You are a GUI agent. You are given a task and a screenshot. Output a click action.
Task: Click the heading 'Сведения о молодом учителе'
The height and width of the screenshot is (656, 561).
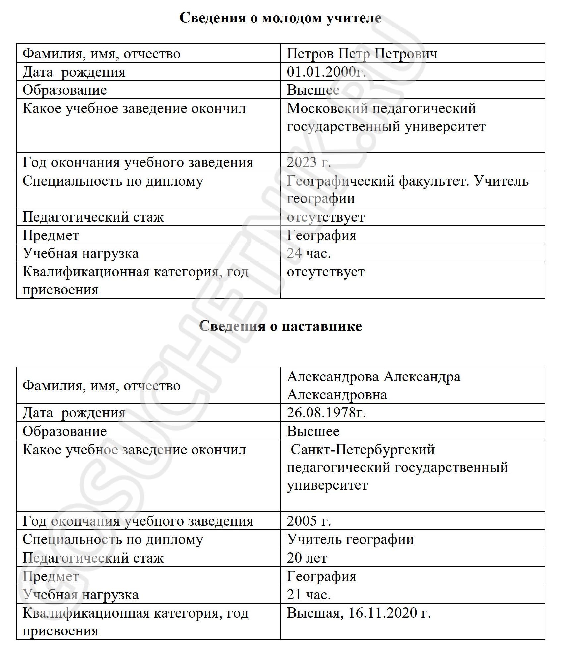pyautogui.click(x=280, y=18)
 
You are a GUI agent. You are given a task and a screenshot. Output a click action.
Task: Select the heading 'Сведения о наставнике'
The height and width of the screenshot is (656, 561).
pyautogui.click(x=280, y=326)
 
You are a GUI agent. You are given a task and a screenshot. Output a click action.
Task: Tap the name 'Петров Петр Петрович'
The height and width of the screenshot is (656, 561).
pyautogui.click(x=362, y=54)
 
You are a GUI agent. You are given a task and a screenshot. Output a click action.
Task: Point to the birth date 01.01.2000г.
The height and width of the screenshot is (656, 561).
pyautogui.click(x=326, y=72)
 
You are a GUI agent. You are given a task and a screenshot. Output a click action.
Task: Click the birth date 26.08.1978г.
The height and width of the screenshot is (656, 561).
pyautogui.click(x=326, y=413)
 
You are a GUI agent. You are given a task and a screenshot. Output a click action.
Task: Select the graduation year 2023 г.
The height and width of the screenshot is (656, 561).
pyautogui.click(x=309, y=162)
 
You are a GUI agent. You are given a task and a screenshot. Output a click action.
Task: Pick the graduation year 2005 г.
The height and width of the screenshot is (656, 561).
pyautogui.click(x=309, y=521)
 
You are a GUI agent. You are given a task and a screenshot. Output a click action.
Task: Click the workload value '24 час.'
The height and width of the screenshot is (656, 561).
pyautogui.click(x=309, y=253)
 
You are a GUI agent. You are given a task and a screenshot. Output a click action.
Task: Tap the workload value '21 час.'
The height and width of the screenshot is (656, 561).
pyautogui.click(x=309, y=595)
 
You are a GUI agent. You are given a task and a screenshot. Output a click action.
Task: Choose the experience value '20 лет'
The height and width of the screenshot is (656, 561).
pyautogui.click(x=307, y=558)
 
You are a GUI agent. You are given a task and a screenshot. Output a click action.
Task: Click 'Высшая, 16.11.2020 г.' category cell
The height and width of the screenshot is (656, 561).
pyautogui.click(x=359, y=613)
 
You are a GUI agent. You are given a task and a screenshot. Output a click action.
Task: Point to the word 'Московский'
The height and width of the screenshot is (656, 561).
pyautogui.click(x=327, y=108)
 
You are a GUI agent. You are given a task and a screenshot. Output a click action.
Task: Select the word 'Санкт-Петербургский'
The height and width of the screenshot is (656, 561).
pyautogui.click(x=363, y=450)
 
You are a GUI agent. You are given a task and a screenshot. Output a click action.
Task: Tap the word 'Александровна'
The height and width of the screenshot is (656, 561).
pyautogui.click(x=337, y=395)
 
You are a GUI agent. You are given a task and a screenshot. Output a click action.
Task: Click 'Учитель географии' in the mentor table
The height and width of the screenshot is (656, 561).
pyautogui.click(x=350, y=539)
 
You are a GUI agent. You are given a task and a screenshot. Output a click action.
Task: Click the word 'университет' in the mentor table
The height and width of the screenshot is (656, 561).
pyautogui.click(x=327, y=485)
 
